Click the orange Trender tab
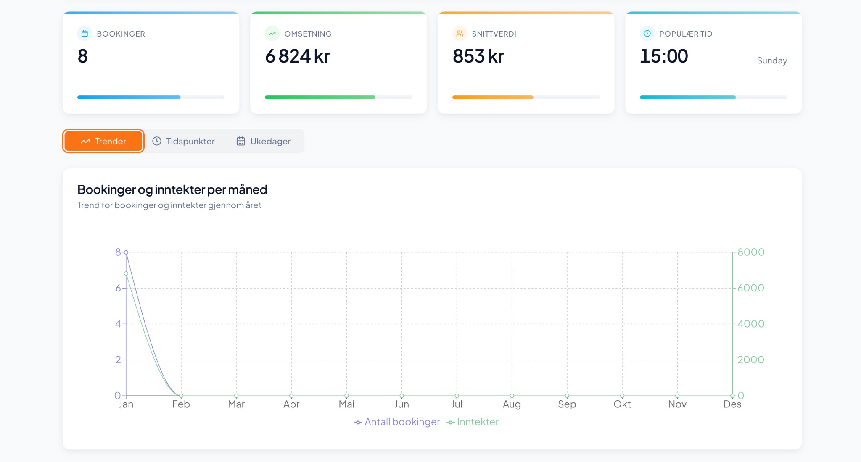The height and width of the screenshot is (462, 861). tap(103, 141)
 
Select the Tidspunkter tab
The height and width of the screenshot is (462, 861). tap(183, 141)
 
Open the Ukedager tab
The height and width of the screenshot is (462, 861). tap(264, 141)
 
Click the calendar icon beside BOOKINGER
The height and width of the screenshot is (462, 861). tap(85, 34)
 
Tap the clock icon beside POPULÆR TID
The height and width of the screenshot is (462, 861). tap(647, 34)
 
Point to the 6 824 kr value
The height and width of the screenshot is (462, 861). tap(297, 56)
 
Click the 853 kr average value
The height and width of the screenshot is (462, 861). tap(478, 56)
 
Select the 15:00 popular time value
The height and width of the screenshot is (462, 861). tap(664, 56)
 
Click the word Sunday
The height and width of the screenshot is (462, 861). tap(771, 60)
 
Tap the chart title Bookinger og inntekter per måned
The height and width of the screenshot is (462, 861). tap(172, 190)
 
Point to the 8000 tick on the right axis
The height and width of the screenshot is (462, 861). tap(751, 252)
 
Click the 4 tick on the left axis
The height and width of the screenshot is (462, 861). tap(118, 324)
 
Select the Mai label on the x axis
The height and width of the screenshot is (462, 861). tap(346, 404)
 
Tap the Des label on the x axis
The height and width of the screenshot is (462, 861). tap(732, 404)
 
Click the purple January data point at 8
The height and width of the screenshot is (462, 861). tap(126, 252)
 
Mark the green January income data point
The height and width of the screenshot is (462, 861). tap(126, 273)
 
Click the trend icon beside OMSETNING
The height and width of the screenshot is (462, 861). tap(272, 34)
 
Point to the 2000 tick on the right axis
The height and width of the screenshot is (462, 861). tap(751, 360)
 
